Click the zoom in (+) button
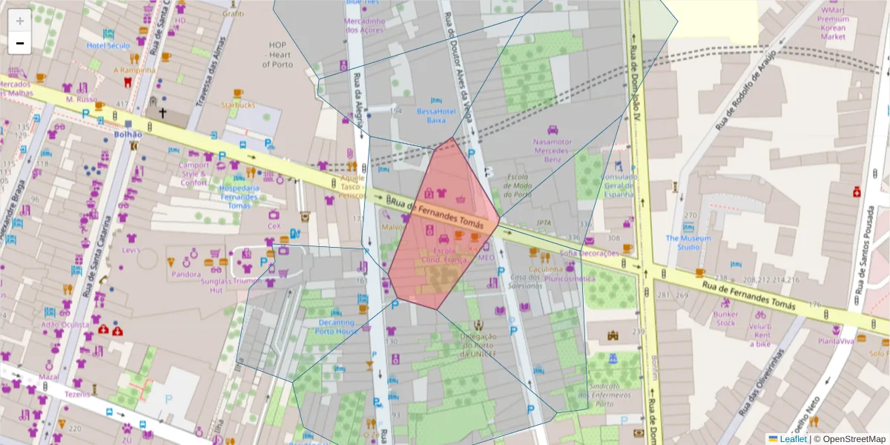pos(20,22)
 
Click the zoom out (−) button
pos(20,44)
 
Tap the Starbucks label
pos(237,105)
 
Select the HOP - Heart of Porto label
pos(277,54)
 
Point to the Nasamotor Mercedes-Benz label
pos(552,150)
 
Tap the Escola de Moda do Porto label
pos(518,185)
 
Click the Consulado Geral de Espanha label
pos(619,185)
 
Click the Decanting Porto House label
pos(337,327)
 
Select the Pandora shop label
pos(186,274)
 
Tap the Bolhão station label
pos(128,135)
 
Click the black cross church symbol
pos(162,113)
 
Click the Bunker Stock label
pos(725,318)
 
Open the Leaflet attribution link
pos(793,439)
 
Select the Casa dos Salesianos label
pos(524,281)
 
